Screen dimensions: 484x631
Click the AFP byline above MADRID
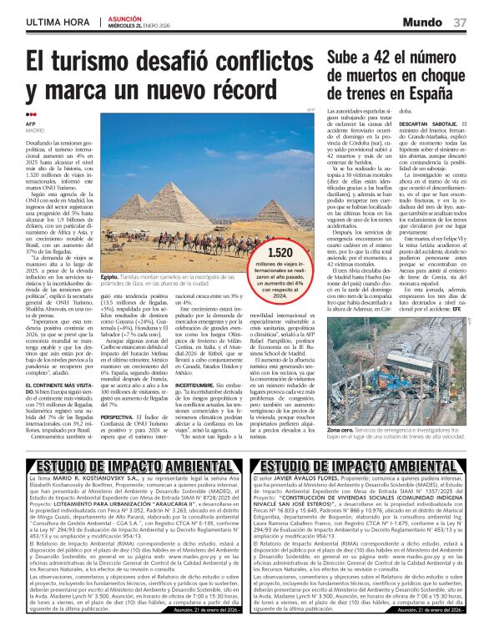(31, 124)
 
